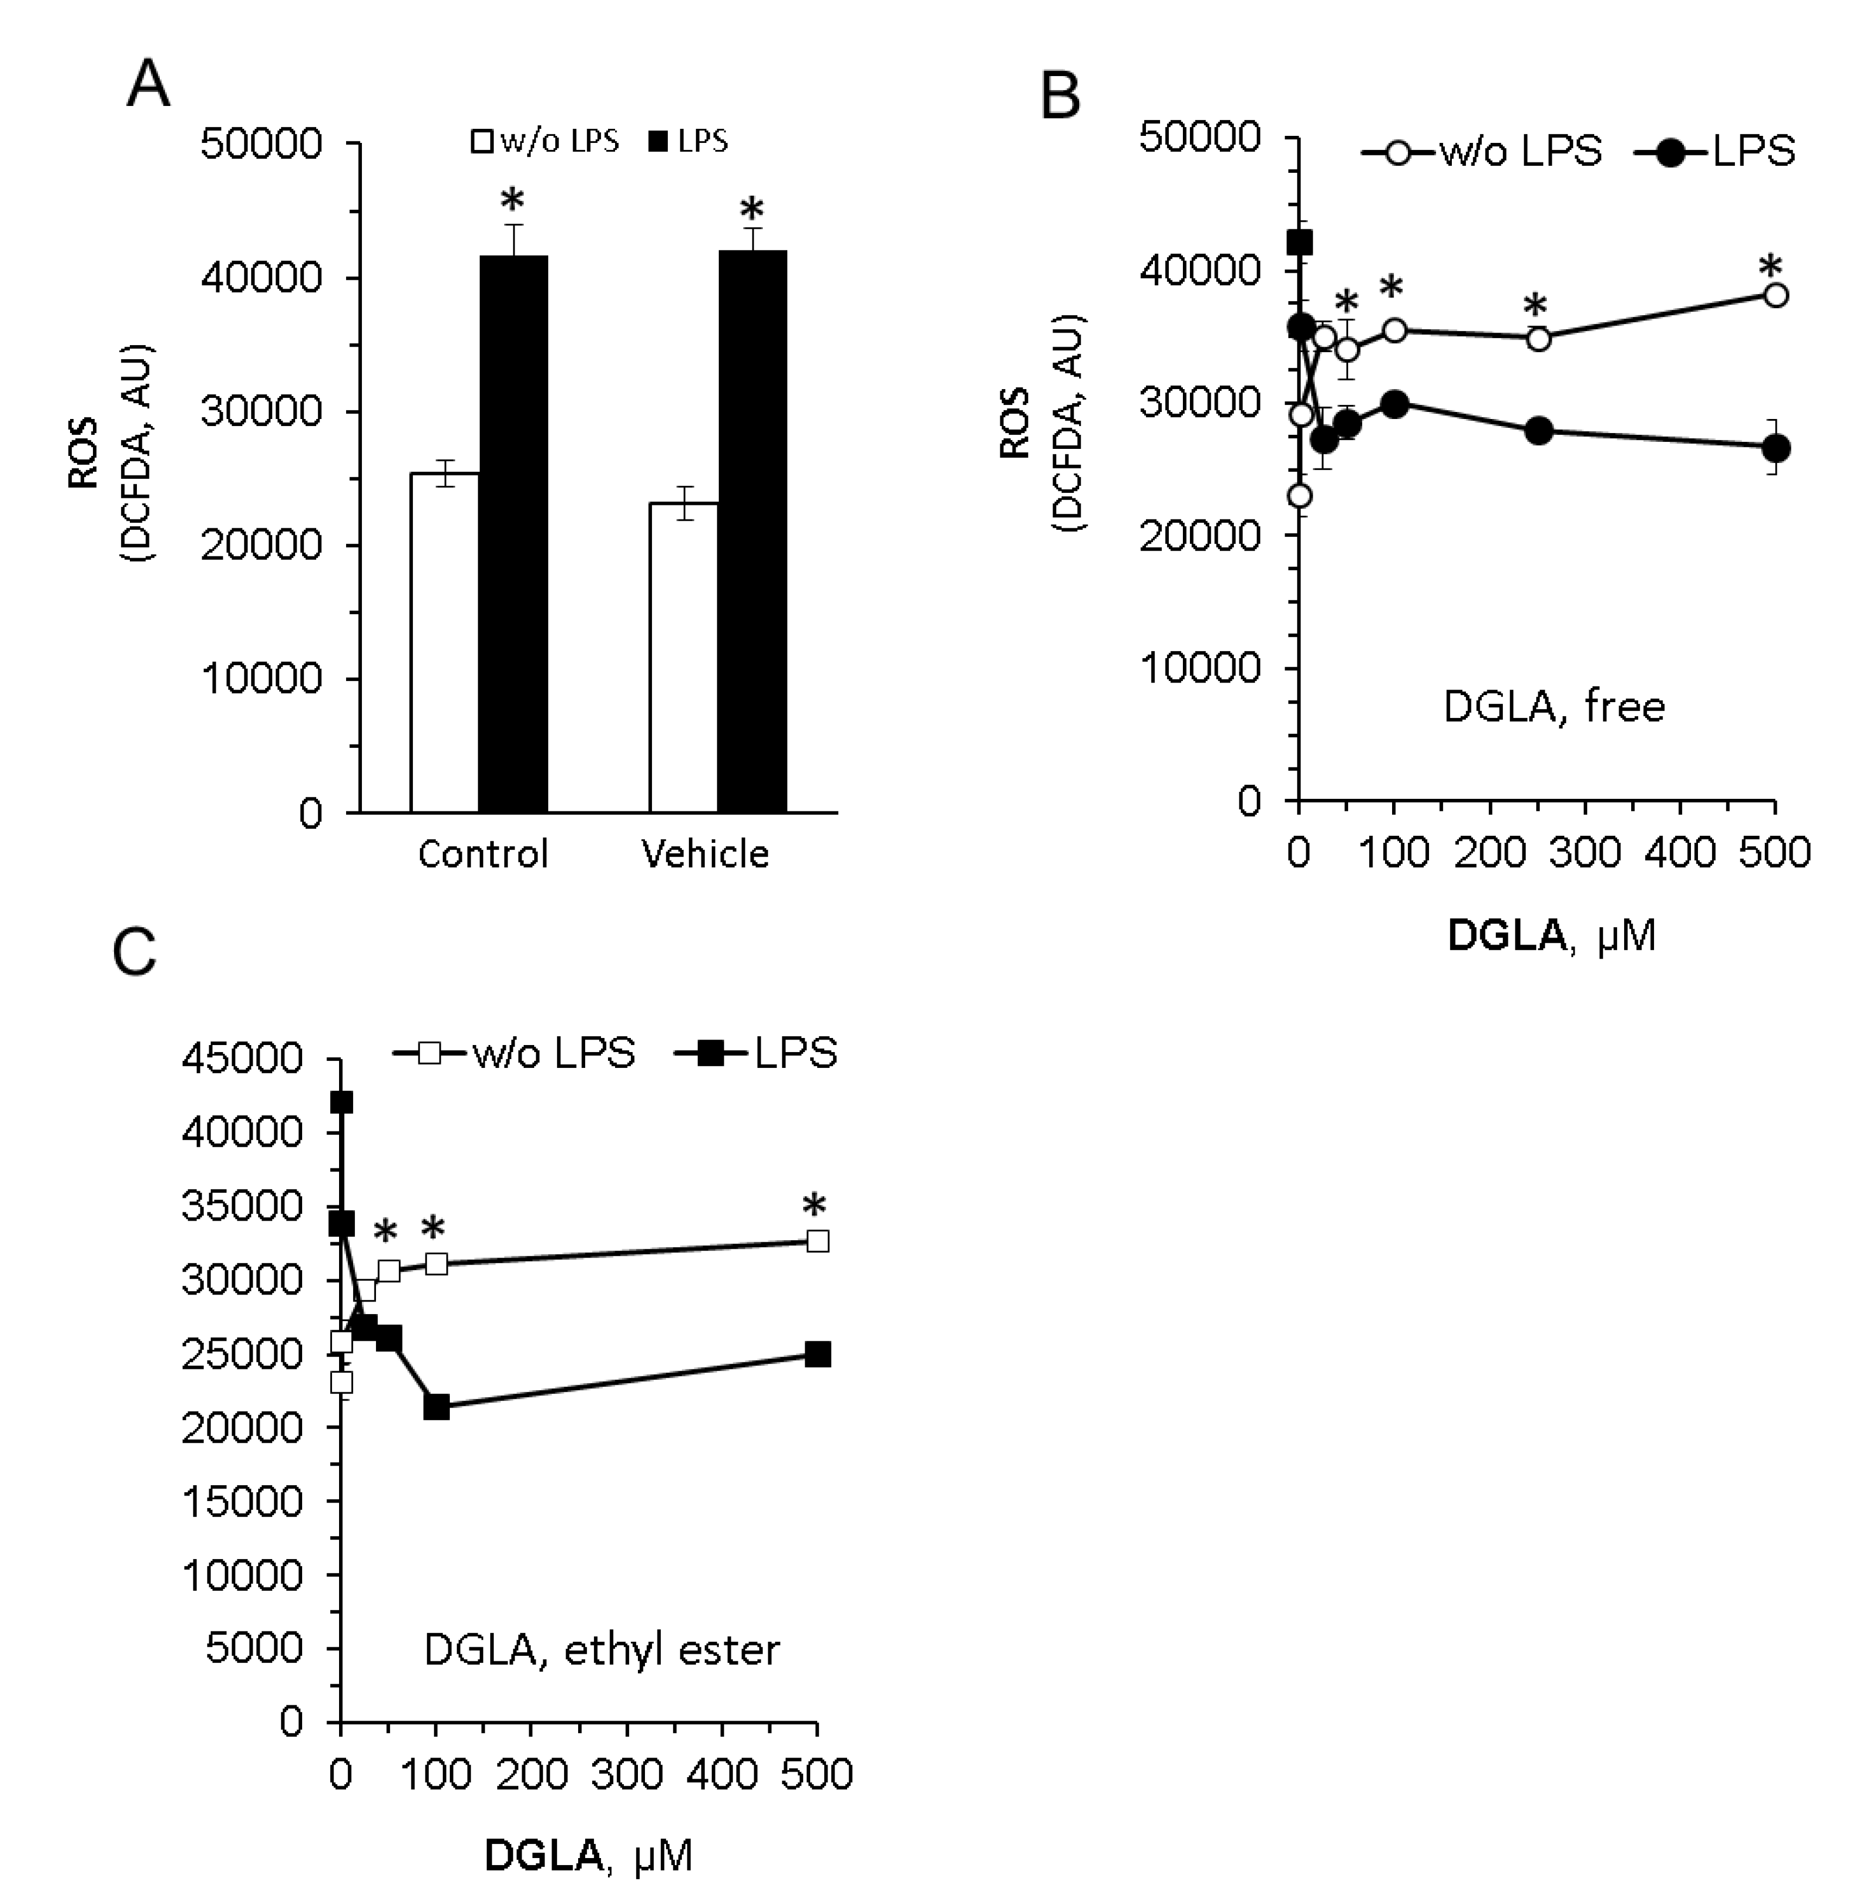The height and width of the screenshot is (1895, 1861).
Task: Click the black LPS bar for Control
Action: coord(513,533)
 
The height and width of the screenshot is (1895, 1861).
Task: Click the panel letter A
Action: coord(148,85)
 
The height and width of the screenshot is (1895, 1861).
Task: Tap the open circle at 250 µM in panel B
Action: coord(1538,339)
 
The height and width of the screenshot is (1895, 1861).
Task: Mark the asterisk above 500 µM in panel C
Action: coord(813,1205)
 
